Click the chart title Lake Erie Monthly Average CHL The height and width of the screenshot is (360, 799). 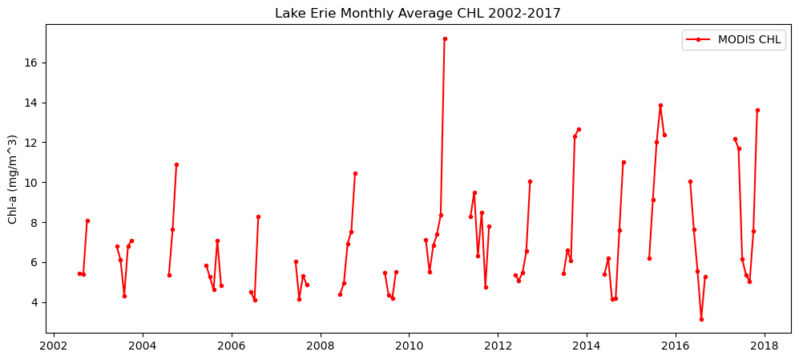[x=418, y=14]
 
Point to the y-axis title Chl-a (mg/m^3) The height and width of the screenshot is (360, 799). [x=13, y=178]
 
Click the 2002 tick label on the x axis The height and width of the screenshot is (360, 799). [x=54, y=346]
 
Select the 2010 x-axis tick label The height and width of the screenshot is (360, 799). [x=409, y=346]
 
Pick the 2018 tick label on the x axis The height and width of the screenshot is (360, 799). [x=764, y=346]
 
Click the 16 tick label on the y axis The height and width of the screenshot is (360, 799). [x=33, y=63]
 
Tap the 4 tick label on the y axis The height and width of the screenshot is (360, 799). [x=36, y=302]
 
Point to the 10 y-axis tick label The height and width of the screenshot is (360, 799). [x=33, y=183]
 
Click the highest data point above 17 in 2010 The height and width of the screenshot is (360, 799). [x=445, y=38]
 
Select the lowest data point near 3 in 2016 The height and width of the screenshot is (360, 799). [x=701, y=319]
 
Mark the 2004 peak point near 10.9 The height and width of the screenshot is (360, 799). [x=176, y=164]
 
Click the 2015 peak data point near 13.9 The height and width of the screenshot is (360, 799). [x=660, y=105]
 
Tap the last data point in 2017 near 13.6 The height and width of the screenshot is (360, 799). [x=757, y=110]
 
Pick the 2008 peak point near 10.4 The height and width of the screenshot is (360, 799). [x=355, y=173]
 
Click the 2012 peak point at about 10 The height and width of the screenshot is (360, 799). [x=530, y=181]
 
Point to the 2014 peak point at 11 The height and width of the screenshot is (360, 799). [x=623, y=162]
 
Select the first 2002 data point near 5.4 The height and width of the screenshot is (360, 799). [x=79, y=273]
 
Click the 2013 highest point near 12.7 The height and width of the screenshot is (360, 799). [x=579, y=129]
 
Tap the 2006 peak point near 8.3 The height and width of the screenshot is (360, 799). [x=258, y=216]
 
